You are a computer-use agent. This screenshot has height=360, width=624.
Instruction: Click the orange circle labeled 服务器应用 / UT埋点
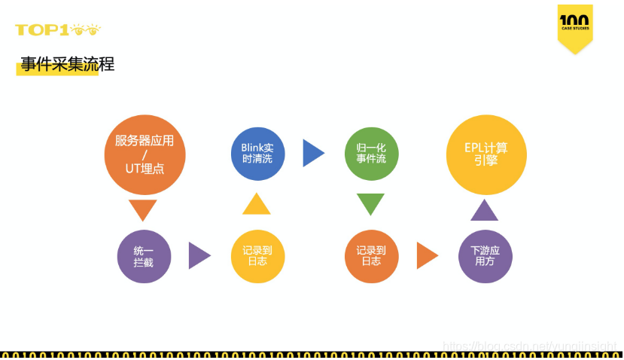pos(145,154)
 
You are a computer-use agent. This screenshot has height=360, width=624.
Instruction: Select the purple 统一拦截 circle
pos(144,256)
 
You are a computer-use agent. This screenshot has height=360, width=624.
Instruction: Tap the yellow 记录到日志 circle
pos(257,256)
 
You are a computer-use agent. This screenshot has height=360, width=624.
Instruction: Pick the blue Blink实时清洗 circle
pos(257,153)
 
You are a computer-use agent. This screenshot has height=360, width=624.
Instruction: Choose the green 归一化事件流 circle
pos(371,153)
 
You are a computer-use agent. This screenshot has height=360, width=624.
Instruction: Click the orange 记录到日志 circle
pos(371,256)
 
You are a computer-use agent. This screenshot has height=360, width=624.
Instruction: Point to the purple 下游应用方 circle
pos(485,256)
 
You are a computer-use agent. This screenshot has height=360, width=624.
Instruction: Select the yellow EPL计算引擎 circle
pos(486,154)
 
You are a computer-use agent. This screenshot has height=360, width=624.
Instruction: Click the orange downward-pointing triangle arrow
pos(143,209)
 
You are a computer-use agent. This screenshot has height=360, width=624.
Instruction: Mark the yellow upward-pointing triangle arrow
pos(257,205)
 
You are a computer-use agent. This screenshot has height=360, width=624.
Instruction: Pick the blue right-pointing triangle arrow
pos(312,153)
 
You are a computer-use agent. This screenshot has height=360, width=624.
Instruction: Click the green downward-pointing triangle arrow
pos(370,203)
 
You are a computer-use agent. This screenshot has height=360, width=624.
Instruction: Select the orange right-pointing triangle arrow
pos(426,255)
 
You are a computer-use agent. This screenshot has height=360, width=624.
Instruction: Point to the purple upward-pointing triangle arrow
pos(484,211)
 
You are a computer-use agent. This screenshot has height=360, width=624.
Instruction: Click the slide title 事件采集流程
pos(68,65)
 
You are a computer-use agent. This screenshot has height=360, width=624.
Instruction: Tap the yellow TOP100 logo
pos(57,30)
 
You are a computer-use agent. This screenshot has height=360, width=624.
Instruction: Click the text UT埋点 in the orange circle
pos(145,169)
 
